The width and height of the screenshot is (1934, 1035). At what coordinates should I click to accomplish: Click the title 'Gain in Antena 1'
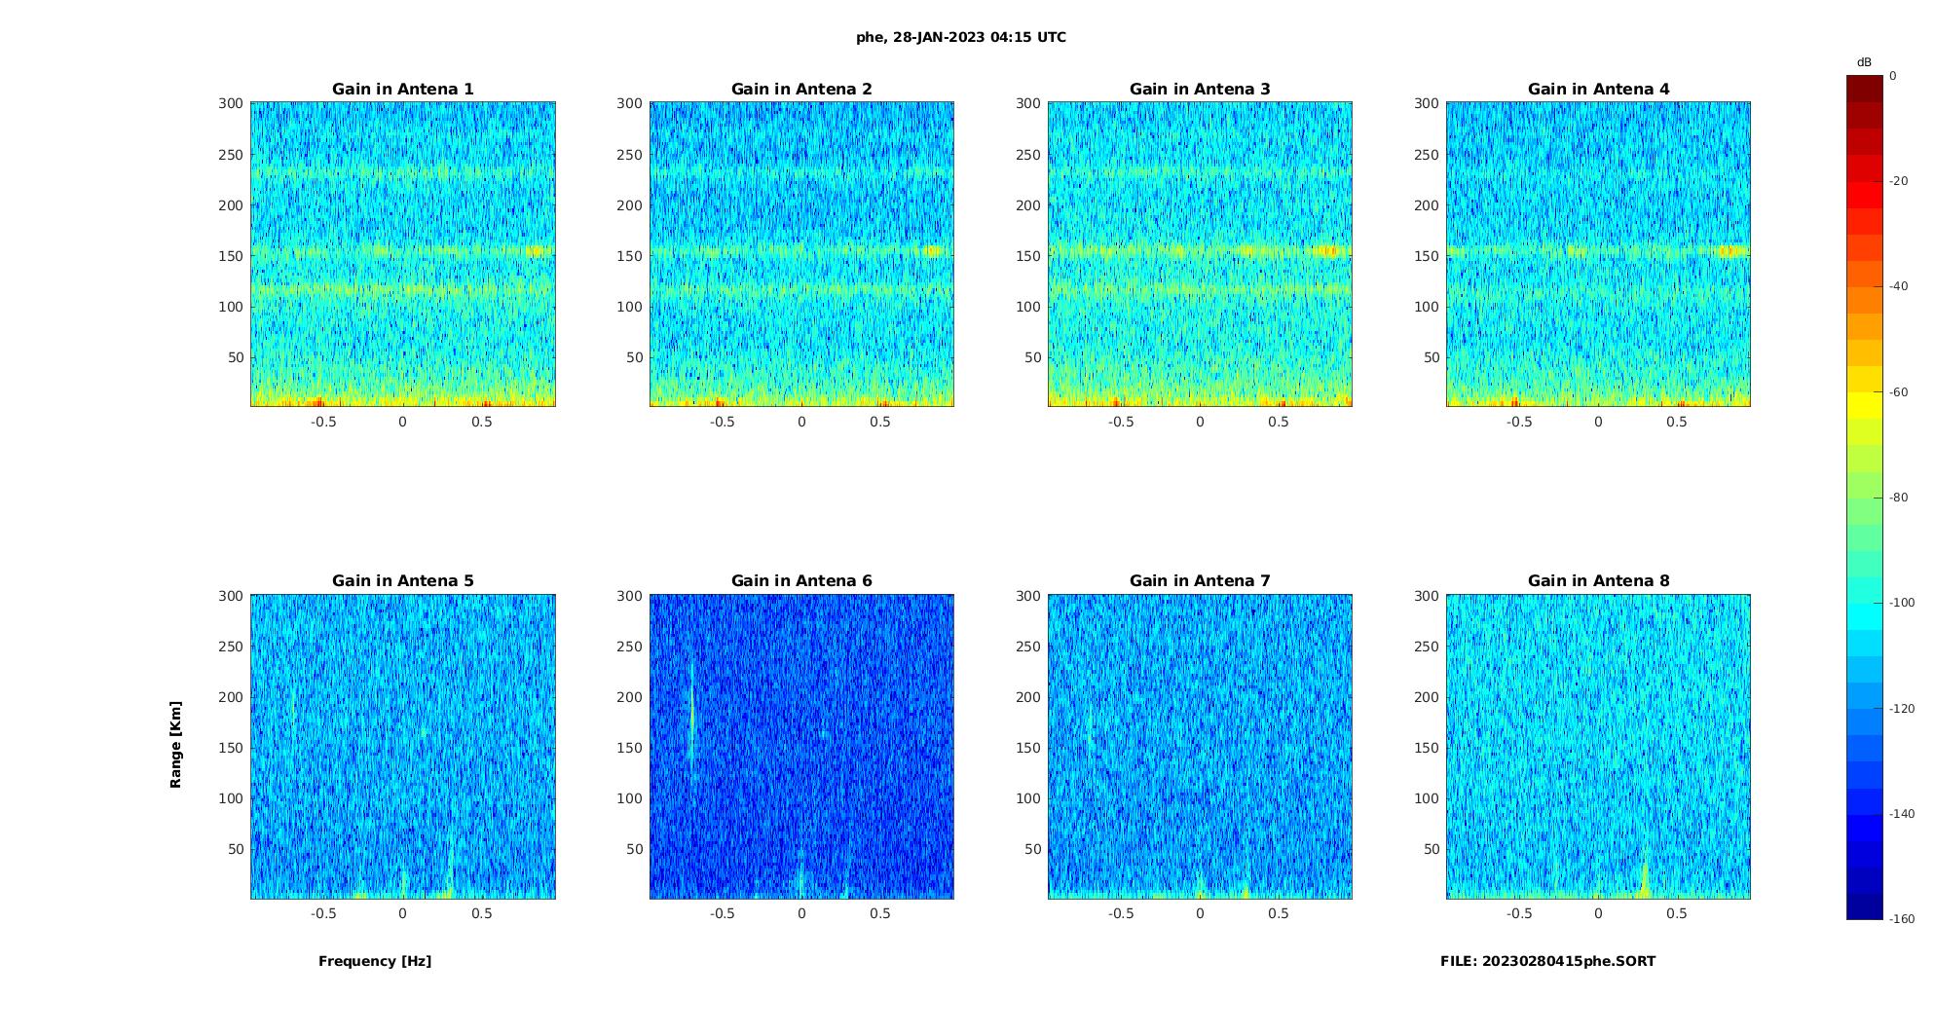click(x=402, y=90)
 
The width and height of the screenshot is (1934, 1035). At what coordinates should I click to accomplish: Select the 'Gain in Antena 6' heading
click(x=801, y=581)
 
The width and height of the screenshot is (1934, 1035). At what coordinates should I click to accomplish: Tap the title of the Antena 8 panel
click(x=1598, y=581)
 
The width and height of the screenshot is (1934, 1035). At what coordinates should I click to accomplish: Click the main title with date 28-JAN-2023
click(x=961, y=38)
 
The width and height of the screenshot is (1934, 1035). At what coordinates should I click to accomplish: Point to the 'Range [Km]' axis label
click(x=176, y=745)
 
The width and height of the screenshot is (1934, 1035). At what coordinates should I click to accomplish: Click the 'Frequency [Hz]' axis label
click(x=375, y=962)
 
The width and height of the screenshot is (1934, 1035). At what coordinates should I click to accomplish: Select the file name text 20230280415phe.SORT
click(x=1547, y=962)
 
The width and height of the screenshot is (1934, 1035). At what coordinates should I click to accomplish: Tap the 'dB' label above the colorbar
click(x=1864, y=62)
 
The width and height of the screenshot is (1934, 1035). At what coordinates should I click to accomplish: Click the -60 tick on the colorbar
click(x=1899, y=392)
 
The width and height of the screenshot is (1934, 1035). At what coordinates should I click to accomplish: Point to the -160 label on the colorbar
click(x=1902, y=919)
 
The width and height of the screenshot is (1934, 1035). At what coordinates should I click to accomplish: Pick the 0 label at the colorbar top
click(x=1893, y=76)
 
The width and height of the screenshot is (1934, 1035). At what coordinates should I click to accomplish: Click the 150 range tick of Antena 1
click(x=231, y=256)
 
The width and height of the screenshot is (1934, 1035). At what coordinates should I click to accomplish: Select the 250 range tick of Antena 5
click(x=231, y=647)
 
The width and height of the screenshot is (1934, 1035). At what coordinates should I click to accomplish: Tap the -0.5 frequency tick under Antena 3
click(x=1120, y=423)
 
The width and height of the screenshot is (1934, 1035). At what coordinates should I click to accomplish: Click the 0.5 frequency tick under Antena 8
click(x=1676, y=914)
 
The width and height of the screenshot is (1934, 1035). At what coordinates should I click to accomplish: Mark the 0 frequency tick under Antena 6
click(x=801, y=914)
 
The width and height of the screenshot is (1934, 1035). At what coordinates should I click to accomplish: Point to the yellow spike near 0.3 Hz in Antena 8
click(x=1645, y=879)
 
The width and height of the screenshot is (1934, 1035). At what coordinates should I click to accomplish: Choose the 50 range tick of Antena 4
click(x=1432, y=357)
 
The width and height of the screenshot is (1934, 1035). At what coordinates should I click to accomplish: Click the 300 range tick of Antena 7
click(x=1028, y=596)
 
